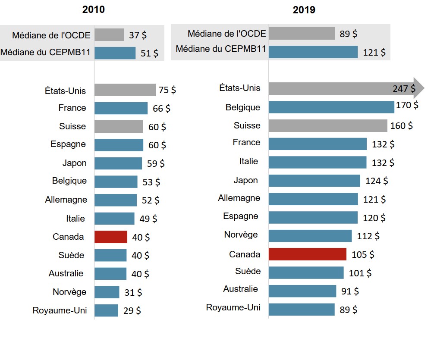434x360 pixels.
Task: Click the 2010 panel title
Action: point(94,9)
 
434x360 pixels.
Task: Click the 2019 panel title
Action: point(304,10)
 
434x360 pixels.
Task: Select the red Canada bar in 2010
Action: point(111,237)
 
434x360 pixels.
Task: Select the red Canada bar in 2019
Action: point(307,254)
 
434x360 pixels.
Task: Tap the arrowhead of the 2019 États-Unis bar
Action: point(419,88)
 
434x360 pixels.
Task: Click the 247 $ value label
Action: point(404,89)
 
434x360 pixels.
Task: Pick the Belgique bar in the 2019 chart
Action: point(331,107)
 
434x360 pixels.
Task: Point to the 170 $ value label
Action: point(407,105)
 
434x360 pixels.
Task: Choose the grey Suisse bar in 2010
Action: point(119,127)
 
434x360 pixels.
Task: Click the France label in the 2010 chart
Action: point(72,108)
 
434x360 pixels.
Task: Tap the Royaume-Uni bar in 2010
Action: point(106,310)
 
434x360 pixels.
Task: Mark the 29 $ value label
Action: point(132,310)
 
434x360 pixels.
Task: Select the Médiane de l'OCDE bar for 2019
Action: point(302,34)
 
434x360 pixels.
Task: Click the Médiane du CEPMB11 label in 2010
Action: point(45,53)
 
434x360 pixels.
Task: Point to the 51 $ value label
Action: point(149,53)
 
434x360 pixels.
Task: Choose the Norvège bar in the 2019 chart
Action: point(310,236)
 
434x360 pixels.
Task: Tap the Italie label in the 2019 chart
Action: point(248,161)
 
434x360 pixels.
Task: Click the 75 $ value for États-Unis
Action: point(167,90)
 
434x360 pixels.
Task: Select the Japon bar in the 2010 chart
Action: point(118,163)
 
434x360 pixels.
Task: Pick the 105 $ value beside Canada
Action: point(363,254)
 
